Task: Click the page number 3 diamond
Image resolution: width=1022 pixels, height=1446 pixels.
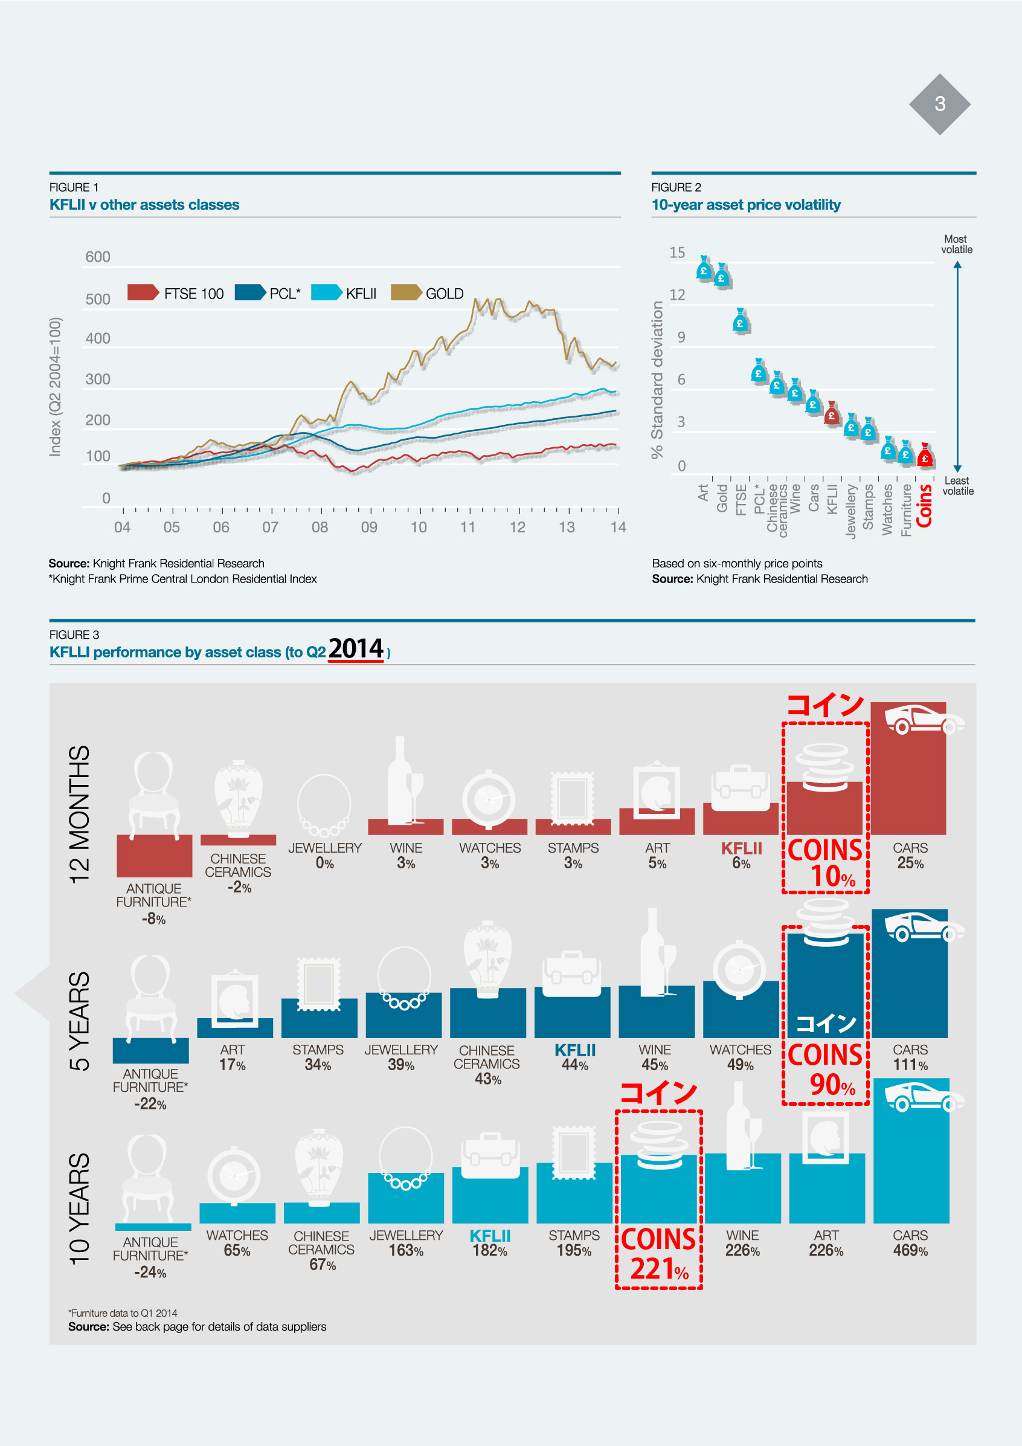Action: [x=939, y=104]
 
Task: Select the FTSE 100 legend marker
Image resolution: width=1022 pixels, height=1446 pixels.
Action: [x=143, y=292]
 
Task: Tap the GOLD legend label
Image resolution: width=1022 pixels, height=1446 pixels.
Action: [x=444, y=294]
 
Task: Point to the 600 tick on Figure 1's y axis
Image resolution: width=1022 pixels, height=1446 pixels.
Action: [x=98, y=257]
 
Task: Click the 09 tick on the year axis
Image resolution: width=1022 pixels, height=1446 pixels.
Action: [x=369, y=528]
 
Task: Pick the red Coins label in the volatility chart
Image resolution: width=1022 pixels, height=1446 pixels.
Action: [x=924, y=506]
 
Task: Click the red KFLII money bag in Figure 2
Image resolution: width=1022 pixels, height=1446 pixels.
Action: [x=831, y=414]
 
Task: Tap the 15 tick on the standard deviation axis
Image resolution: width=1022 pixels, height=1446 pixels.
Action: [x=677, y=253]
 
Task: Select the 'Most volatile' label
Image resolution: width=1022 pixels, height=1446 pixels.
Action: [x=956, y=244]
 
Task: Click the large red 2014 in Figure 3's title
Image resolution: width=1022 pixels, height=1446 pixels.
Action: [x=356, y=649]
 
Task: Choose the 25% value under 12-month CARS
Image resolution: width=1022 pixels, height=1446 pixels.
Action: [x=910, y=863]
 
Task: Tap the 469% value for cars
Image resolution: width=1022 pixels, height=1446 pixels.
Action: [x=910, y=1251]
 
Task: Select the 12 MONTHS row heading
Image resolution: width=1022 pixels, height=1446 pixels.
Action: [x=80, y=815]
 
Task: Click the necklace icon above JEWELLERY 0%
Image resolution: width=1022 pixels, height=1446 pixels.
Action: [x=324, y=805]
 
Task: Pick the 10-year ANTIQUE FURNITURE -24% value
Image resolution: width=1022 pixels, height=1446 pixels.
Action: [x=150, y=1272]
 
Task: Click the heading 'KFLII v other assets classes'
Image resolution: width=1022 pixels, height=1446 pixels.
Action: [x=144, y=205]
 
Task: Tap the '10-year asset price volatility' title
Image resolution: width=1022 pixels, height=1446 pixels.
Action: [x=745, y=205]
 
